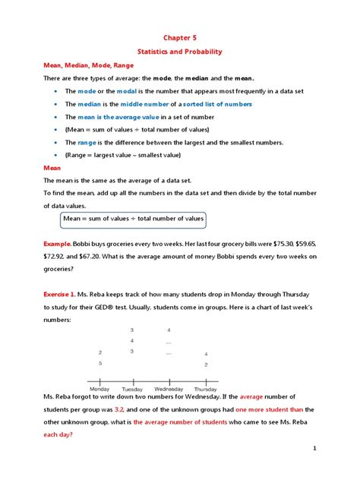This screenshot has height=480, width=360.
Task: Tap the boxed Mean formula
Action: tap(134, 219)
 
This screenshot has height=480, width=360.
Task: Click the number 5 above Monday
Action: tap(100, 364)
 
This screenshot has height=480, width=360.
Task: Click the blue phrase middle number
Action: tap(146, 103)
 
